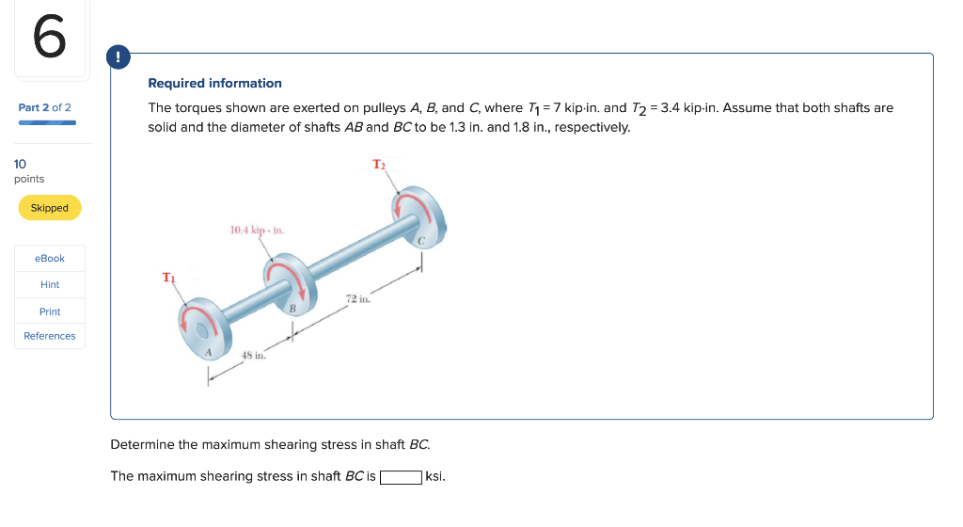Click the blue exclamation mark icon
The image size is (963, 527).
click(x=118, y=57)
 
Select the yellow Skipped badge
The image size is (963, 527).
click(x=50, y=208)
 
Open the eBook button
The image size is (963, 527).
click(x=50, y=258)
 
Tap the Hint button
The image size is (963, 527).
click(x=50, y=284)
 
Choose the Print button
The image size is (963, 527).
click(x=50, y=311)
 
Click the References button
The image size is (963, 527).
click(x=50, y=336)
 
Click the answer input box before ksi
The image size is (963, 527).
click(x=401, y=476)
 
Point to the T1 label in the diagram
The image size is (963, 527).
click(x=168, y=278)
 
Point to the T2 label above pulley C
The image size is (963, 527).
click(x=378, y=165)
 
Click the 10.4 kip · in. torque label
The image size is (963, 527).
click(x=257, y=230)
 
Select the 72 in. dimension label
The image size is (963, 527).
click(x=359, y=300)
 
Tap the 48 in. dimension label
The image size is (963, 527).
click(x=254, y=356)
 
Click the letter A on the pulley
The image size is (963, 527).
click(x=210, y=351)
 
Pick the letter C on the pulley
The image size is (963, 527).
click(x=422, y=242)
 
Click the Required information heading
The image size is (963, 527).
click(x=214, y=84)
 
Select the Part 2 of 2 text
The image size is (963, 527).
click(x=44, y=107)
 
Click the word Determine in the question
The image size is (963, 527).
click(x=142, y=444)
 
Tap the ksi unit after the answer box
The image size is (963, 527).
click(x=435, y=476)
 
